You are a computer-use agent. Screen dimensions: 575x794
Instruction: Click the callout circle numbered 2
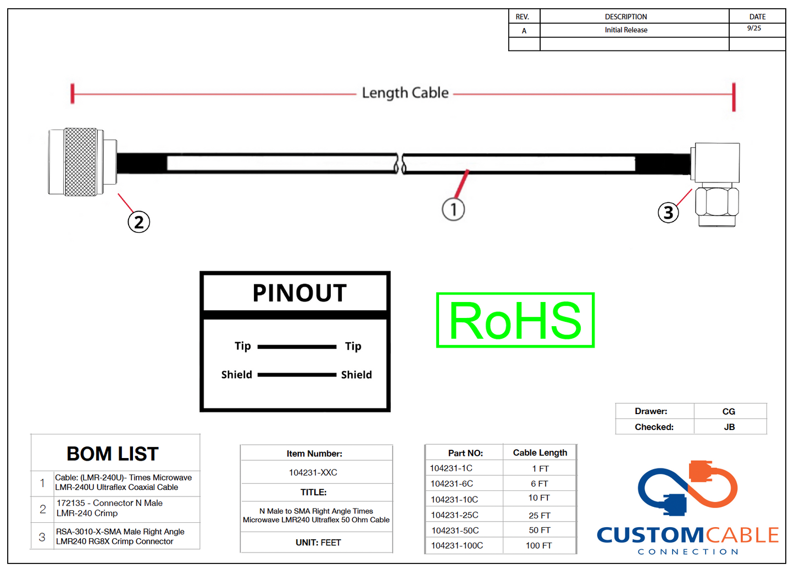138,222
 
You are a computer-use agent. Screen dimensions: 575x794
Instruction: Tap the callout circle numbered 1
453,209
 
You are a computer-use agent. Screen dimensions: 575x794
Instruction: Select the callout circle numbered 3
668,212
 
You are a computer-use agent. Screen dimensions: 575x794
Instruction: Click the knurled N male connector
80,162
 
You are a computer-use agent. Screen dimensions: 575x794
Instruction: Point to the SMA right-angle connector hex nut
717,202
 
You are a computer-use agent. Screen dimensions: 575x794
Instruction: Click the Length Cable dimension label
405,93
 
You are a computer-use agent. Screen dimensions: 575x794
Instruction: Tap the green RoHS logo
515,320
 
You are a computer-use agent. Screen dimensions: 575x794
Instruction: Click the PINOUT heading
299,293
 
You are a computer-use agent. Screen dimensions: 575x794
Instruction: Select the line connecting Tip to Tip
297,347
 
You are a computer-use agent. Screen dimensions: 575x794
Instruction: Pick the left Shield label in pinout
236,375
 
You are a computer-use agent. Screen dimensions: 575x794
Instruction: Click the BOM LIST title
113,454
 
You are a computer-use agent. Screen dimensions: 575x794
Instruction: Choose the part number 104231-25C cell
454,515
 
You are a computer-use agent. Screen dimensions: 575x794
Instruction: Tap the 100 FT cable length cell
538,545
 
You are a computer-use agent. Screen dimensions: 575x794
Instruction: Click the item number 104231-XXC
313,472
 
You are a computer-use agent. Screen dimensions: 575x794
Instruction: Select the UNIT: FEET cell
318,543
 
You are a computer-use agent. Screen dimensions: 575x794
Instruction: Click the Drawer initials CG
729,411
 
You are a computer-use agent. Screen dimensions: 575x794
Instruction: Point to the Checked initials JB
729,427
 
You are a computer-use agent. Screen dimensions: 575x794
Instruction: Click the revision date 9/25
754,29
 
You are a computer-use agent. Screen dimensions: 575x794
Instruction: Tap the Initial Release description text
626,30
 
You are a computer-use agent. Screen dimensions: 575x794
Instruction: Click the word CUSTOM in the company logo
650,534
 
